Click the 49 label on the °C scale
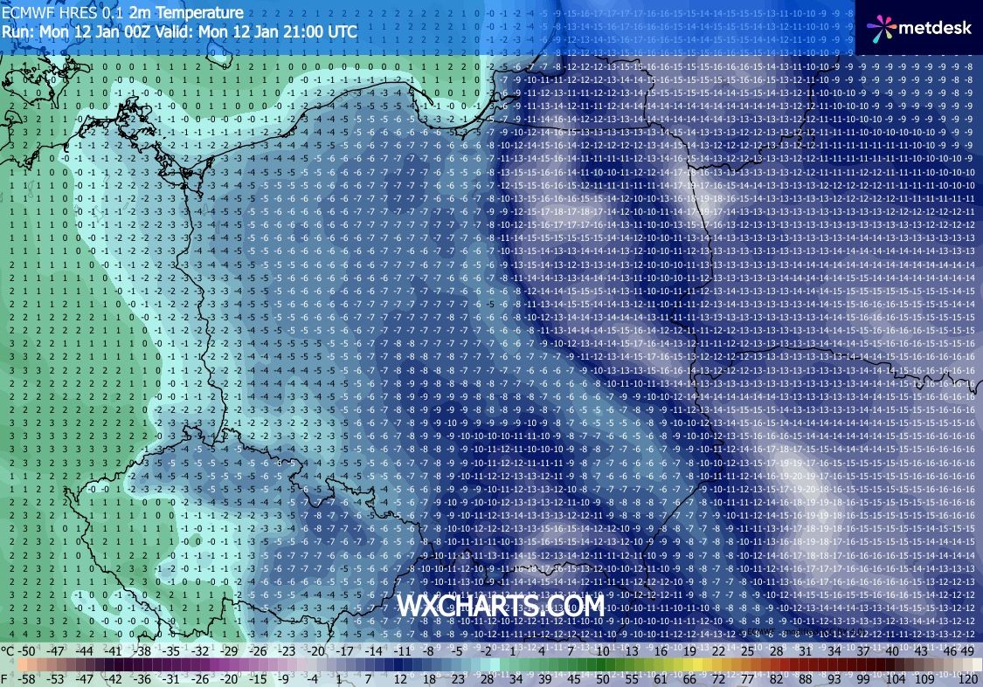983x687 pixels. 966,651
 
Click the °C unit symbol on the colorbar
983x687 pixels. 7,651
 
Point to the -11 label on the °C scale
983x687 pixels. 402,651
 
